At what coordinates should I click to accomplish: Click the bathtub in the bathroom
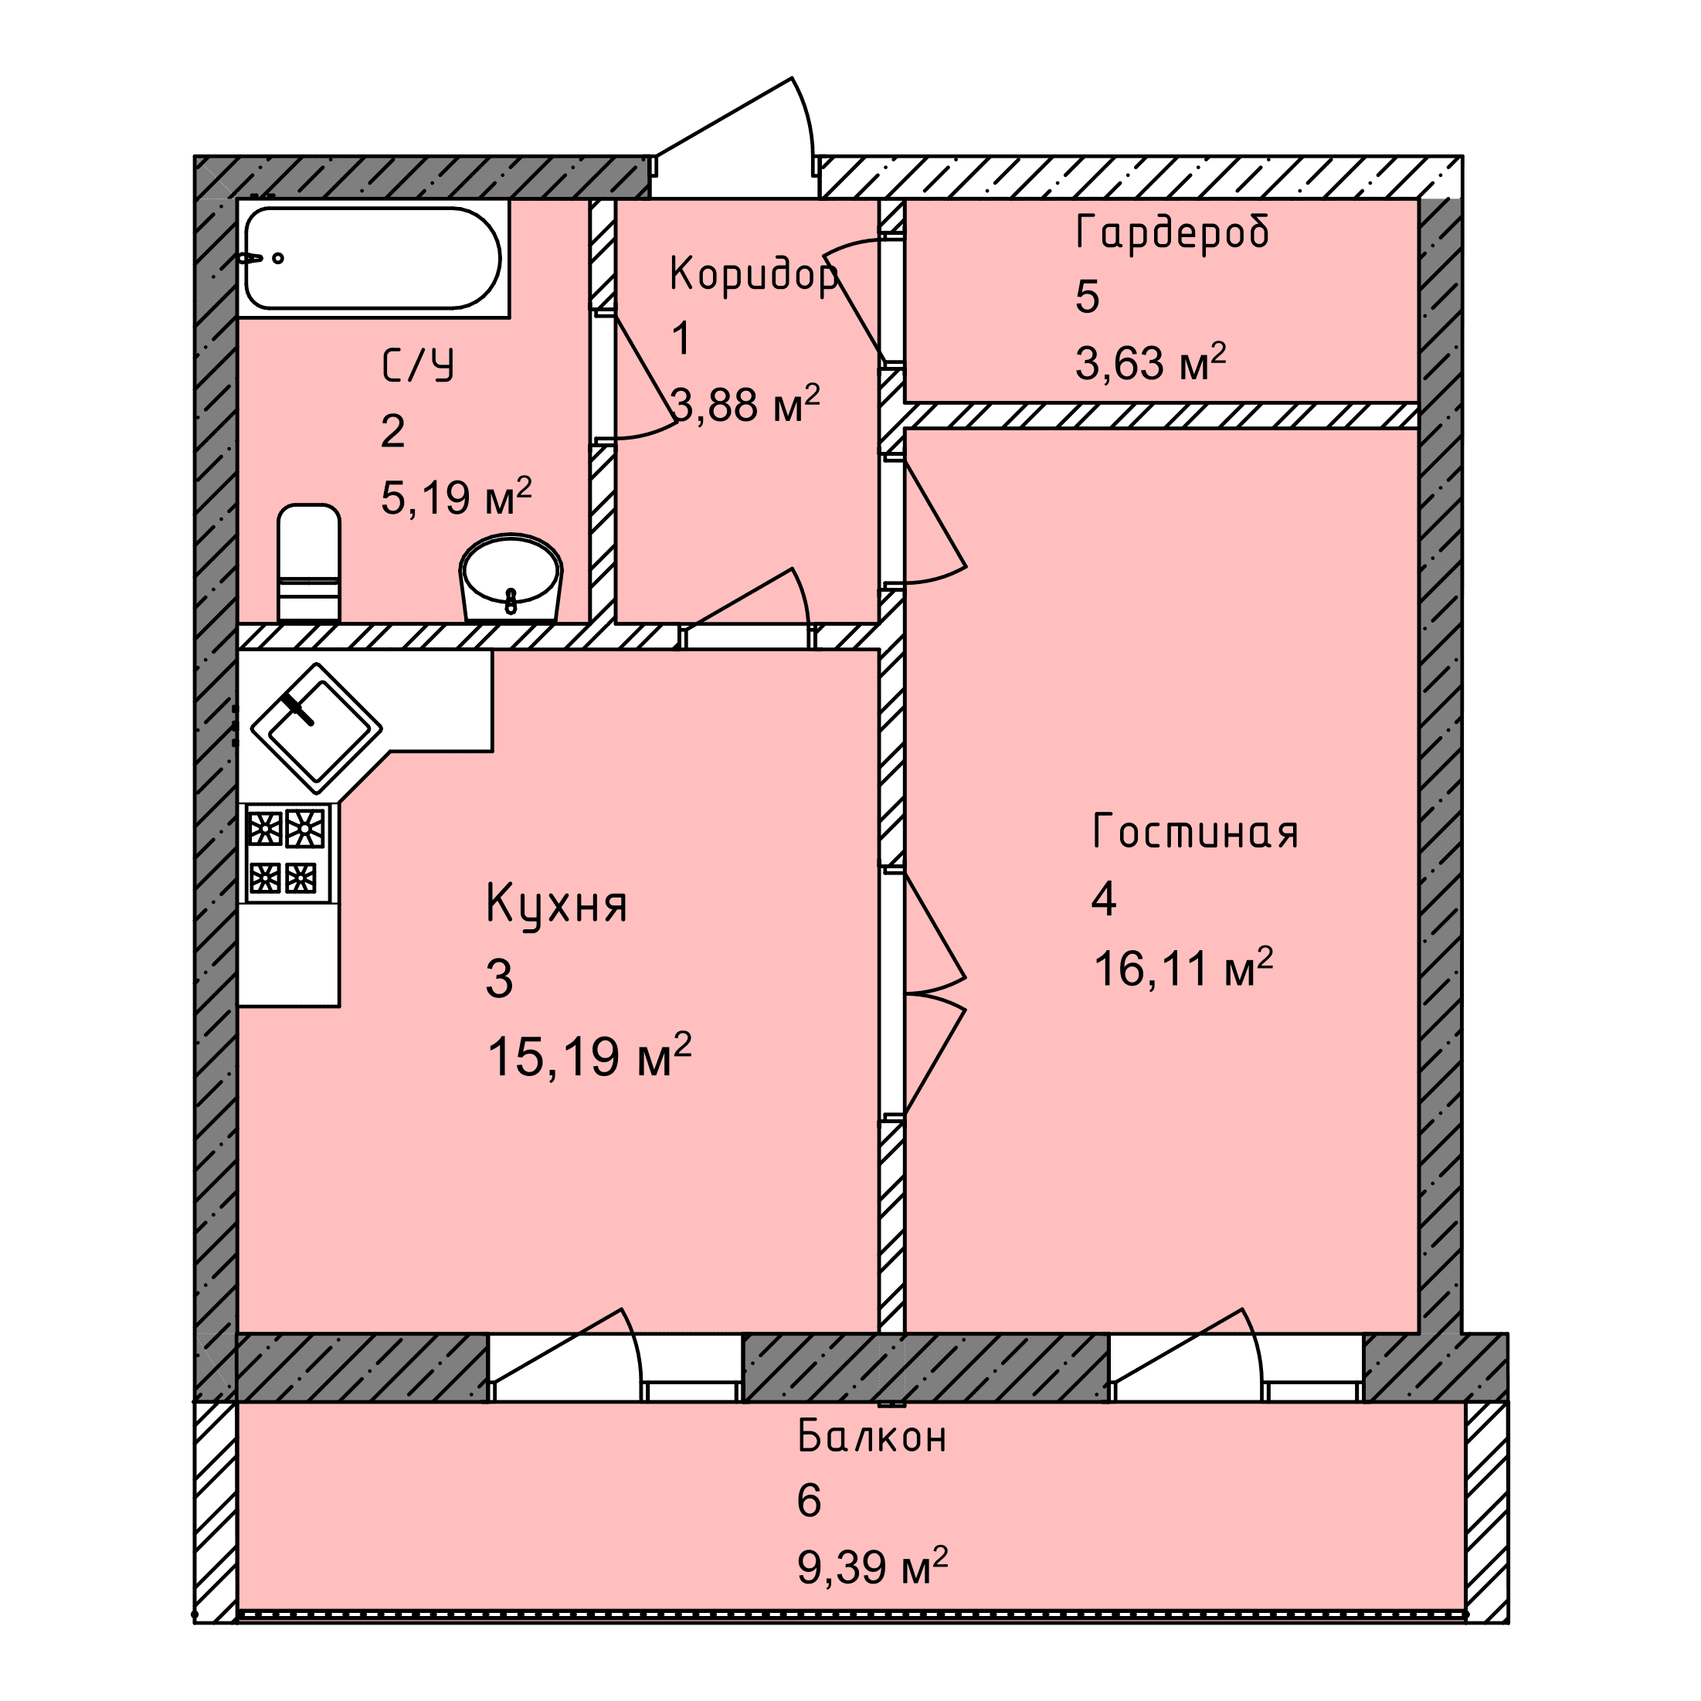pyautogui.click(x=373, y=258)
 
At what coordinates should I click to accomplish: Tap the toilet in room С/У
pyautogui.click(x=309, y=562)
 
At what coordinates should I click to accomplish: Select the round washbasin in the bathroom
pyautogui.click(x=511, y=578)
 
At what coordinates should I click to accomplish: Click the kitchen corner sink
pyautogui.click(x=317, y=728)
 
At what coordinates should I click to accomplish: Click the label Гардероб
pyautogui.click(x=1172, y=233)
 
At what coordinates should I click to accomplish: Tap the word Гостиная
pyautogui.click(x=1195, y=831)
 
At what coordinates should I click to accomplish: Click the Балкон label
pyautogui.click(x=871, y=1436)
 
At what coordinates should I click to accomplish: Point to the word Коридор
pyautogui.click(x=754, y=273)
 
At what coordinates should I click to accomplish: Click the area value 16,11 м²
pyautogui.click(x=1183, y=969)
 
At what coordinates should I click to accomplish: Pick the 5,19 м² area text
pyautogui.click(x=456, y=497)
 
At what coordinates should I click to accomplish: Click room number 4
pyautogui.click(x=1103, y=899)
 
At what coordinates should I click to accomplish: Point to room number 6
pyautogui.click(x=808, y=1500)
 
